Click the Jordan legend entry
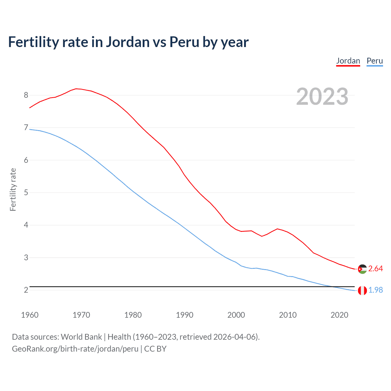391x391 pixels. (348, 61)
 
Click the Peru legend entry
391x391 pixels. (375, 61)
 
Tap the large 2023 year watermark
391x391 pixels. (322, 97)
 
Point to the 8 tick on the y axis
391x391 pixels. (26, 95)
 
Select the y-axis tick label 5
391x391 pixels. (26, 192)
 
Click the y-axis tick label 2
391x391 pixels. (26, 290)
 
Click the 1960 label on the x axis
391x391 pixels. (30, 315)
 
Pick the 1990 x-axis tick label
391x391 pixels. (185, 315)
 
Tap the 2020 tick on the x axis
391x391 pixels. (339, 315)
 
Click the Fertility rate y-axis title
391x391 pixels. (13, 189)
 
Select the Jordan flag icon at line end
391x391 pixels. (362, 269)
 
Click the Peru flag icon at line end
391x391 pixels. (362, 291)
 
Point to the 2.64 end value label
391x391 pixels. (375, 269)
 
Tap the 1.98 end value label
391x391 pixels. (375, 290)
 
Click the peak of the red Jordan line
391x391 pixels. (76, 89)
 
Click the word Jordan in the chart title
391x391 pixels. (128, 42)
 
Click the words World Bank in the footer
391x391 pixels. (81, 337)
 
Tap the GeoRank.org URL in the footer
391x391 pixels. (75, 349)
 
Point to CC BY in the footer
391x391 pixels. (155, 349)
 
